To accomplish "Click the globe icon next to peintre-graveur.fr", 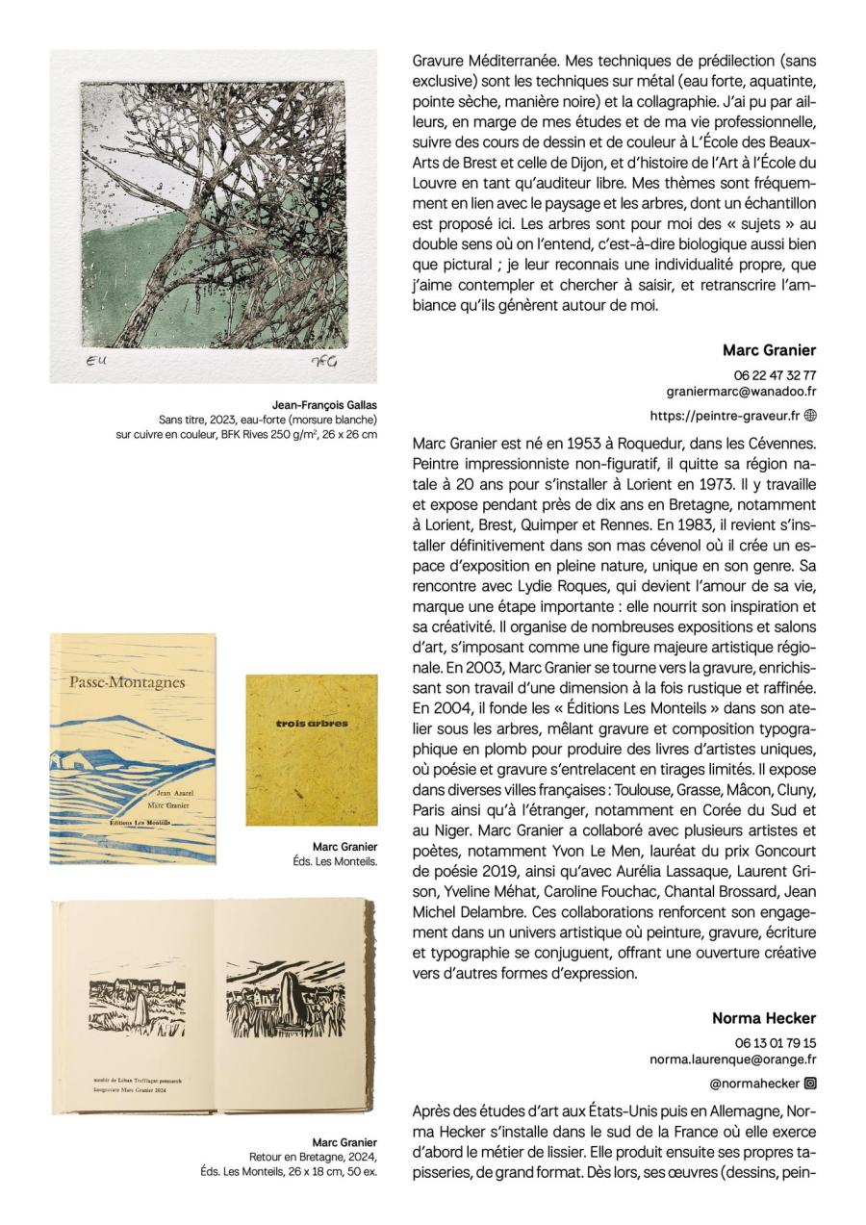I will point(810,416).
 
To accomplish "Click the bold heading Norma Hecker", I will point(764,1018).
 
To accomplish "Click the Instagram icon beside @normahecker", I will point(810,1084).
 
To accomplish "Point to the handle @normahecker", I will point(759,1084).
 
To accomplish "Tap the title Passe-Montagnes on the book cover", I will point(127,683).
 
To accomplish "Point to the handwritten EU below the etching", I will point(96,361).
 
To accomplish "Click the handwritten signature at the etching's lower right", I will point(323,362).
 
